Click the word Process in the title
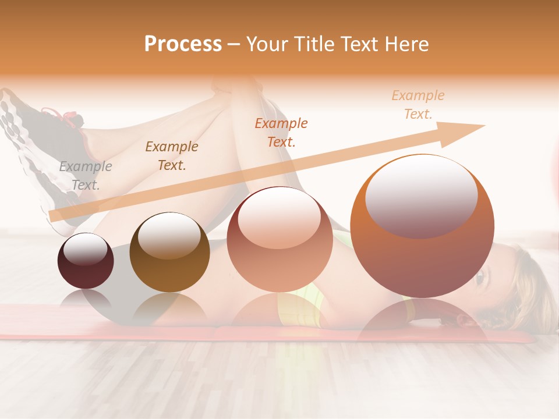(x=183, y=44)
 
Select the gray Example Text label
(x=86, y=175)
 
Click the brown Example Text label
(x=172, y=155)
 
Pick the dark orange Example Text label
(x=281, y=132)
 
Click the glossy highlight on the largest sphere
(x=421, y=195)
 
